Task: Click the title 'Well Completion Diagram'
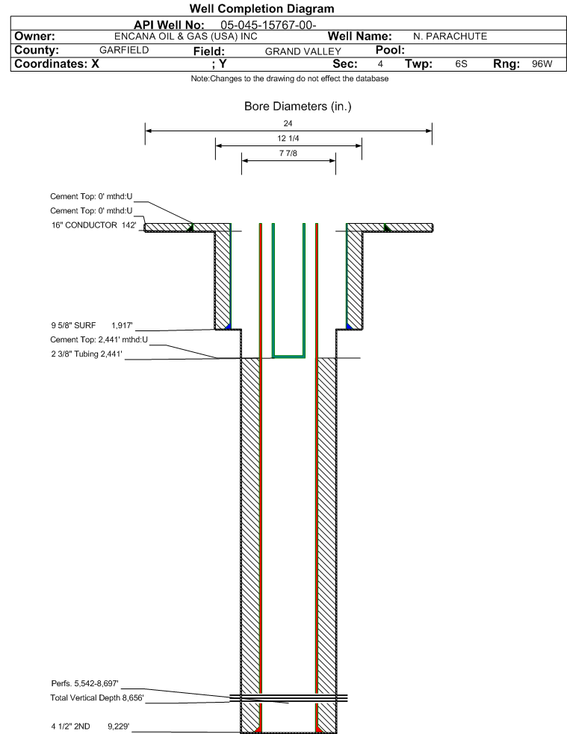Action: (261, 8)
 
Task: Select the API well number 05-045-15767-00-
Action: (268, 25)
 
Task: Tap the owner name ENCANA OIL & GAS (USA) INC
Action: (186, 36)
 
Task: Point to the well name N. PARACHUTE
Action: (450, 36)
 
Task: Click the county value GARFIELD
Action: (124, 50)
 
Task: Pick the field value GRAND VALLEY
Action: (303, 51)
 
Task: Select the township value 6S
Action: (461, 63)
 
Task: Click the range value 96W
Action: (542, 63)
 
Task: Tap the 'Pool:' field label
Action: (390, 50)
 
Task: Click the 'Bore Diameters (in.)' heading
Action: (298, 106)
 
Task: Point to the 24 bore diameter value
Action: (288, 123)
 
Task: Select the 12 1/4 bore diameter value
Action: (288, 138)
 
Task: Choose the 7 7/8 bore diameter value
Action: (288, 153)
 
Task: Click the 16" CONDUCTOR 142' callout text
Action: (94, 225)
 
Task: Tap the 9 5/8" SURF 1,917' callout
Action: (92, 325)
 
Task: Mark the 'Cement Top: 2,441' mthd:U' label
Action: (99, 339)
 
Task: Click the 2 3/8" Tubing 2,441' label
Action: (87, 354)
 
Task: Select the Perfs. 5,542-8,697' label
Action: (85, 683)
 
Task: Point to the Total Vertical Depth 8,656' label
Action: (97, 698)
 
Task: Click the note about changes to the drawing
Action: (289, 78)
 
